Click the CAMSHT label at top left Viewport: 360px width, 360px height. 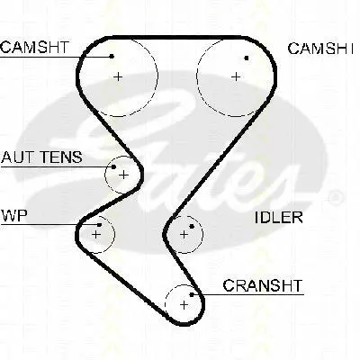click(x=35, y=48)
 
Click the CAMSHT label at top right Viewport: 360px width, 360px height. click(x=320, y=49)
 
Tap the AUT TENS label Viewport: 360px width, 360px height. click(x=41, y=157)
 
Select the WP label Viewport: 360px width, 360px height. click(x=14, y=215)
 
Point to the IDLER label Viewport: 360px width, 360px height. click(x=279, y=218)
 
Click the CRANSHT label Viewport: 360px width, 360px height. click(x=263, y=285)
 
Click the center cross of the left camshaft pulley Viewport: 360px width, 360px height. click(x=118, y=76)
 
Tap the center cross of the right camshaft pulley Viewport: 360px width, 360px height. click(x=236, y=76)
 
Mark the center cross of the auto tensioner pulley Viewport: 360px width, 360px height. click(x=123, y=175)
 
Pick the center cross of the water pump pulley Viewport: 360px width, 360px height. click(x=95, y=234)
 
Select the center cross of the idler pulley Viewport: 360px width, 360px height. click(x=184, y=234)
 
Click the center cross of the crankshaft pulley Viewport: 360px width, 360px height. click(x=184, y=305)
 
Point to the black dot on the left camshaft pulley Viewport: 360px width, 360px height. click(x=112, y=56)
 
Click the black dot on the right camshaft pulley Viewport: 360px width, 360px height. click(x=247, y=58)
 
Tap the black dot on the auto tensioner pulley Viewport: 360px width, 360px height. click(x=113, y=166)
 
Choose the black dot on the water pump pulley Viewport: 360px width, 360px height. click(x=99, y=225)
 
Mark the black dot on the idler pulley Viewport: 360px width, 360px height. click(x=192, y=226)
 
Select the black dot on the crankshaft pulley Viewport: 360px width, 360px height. click(x=192, y=295)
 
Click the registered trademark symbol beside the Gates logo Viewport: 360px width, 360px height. click(x=335, y=198)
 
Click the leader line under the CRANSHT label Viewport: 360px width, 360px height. click(x=247, y=295)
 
